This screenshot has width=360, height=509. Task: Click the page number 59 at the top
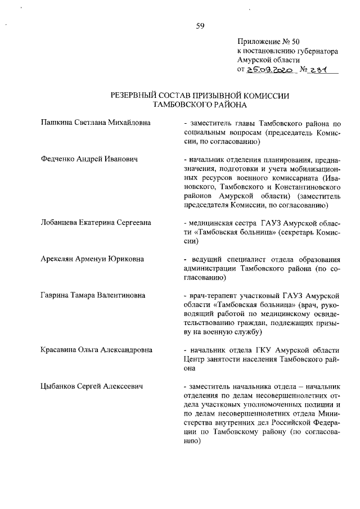[x=200, y=25]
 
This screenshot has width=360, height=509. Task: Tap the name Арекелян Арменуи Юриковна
[x=92, y=259]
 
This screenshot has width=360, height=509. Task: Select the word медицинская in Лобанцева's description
[x=213, y=223]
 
